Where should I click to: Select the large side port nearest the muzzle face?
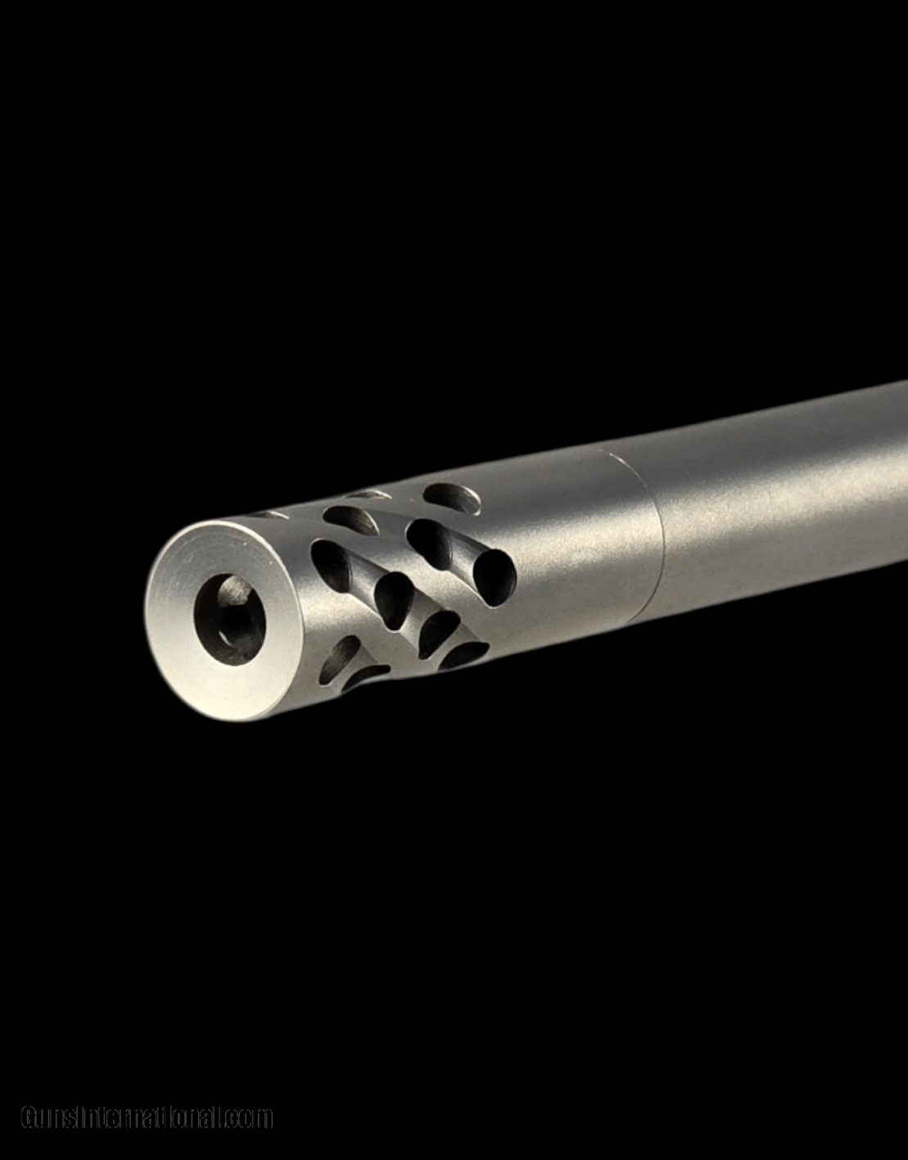332,566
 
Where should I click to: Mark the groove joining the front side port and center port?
363,576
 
